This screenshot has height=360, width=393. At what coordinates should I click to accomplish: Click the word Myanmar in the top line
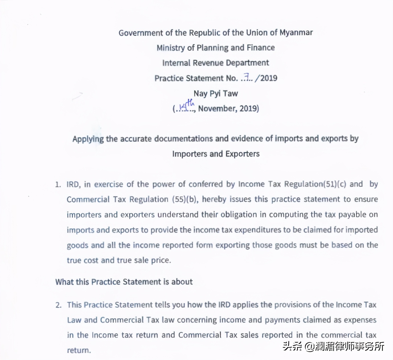(x=296, y=33)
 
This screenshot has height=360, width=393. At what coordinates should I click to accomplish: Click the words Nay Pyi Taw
(x=216, y=93)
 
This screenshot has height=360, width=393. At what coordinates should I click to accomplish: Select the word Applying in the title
(x=88, y=139)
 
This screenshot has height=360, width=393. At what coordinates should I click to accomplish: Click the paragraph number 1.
(x=58, y=185)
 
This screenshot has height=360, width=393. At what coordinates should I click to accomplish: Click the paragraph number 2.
(x=58, y=305)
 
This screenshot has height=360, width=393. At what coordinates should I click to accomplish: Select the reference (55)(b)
(x=185, y=199)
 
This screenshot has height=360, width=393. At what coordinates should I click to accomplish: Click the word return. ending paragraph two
(x=79, y=350)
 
